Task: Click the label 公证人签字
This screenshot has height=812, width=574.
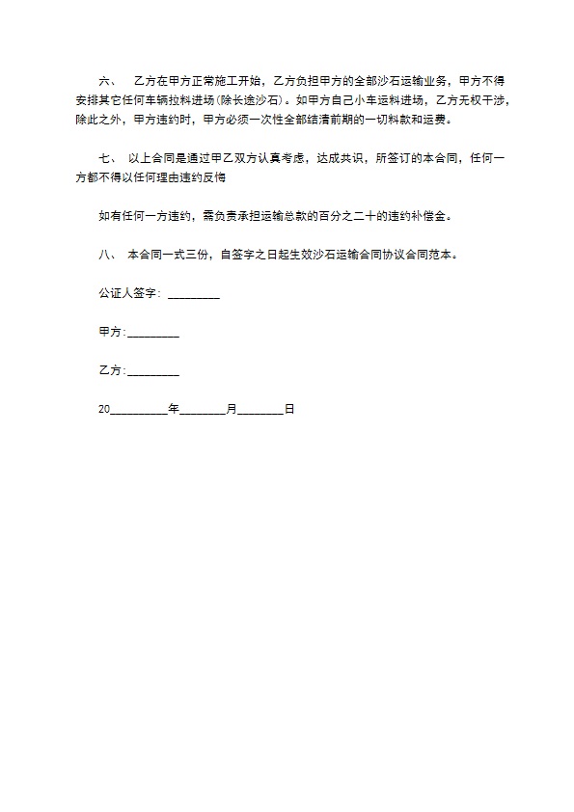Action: pos(129,295)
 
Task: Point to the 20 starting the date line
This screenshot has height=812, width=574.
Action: pos(104,410)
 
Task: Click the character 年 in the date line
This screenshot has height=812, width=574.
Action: pos(174,410)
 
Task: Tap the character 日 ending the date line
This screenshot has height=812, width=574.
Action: pos(288,410)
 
